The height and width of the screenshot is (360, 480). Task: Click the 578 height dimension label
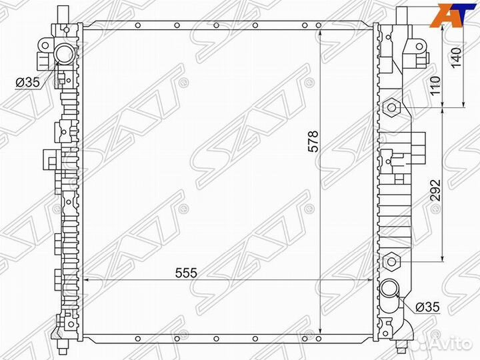(x=313, y=142)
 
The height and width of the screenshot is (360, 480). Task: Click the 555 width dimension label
(x=186, y=273)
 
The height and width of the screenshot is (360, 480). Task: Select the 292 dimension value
(x=435, y=190)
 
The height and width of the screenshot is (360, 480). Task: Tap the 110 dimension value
(x=435, y=85)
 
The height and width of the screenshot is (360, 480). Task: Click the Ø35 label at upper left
(x=27, y=82)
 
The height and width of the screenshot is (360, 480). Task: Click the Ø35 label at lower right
(x=427, y=307)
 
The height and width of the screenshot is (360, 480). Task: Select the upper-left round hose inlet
(x=64, y=53)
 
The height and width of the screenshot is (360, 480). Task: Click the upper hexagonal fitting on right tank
(x=392, y=107)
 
